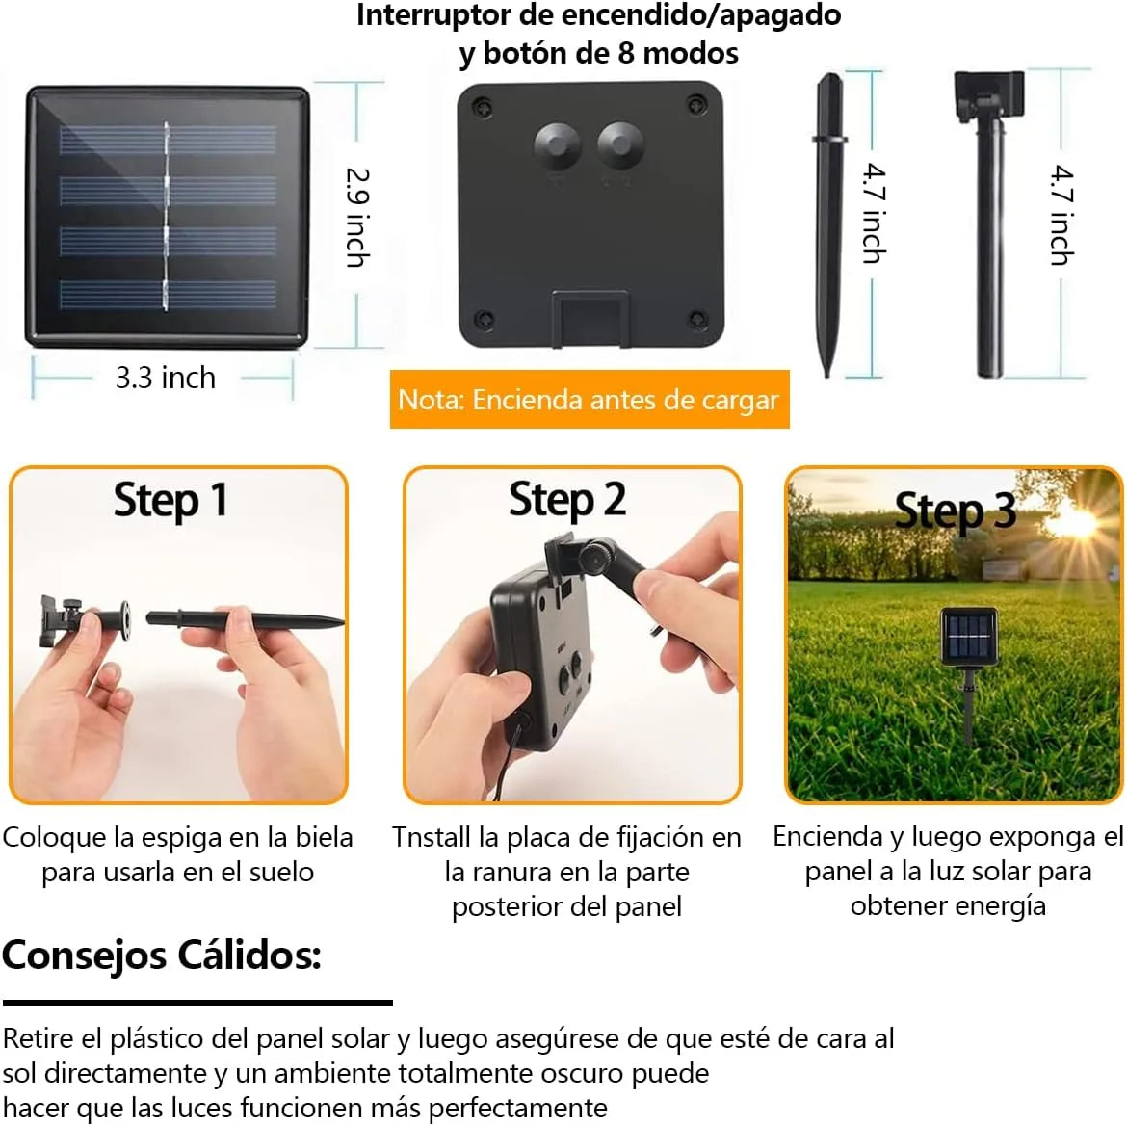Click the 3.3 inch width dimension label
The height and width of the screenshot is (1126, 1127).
click(x=166, y=378)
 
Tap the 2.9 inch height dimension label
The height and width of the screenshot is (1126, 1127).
click(x=358, y=218)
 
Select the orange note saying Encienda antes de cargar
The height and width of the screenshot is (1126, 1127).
click(x=590, y=400)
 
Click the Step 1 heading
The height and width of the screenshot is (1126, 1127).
click(x=171, y=501)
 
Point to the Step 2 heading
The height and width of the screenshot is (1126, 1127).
click(x=567, y=500)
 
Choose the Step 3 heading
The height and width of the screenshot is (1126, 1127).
click(x=956, y=511)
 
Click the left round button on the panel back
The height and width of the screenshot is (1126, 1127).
click(x=557, y=144)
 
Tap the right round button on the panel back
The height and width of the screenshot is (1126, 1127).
click(x=620, y=144)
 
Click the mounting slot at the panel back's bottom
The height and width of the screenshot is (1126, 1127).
click(x=590, y=318)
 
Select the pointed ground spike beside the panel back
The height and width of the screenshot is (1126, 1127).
click(x=828, y=224)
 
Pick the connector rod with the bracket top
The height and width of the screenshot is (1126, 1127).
click(x=989, y=223)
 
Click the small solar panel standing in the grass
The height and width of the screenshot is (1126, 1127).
click(x=970, y=637)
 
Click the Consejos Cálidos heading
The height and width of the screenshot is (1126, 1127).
click(x=162, y=956)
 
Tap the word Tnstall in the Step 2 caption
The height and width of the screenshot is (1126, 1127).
click(x=432, y=838)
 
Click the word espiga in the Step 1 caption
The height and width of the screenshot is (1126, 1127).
click(x=180, y=839)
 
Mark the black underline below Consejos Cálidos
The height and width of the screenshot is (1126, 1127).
click(x=197, y=1003)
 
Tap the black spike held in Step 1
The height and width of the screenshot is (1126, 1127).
click(x=245, y=618)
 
